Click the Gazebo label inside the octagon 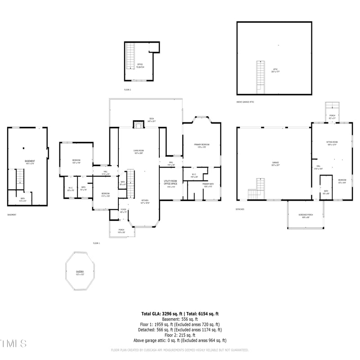pyautogui.click(x=80, y=272)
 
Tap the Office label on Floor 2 pyautogui.click(x=140, y=66)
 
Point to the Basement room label pyautogui.click(x=30, y=162)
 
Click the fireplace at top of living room pyautogui.click(x=138, y=125)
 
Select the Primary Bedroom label pyautogui.click(x=202, y=145)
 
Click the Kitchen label pyautogui.click(x=145, y=202)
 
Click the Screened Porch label pyautogui.click(x=306, y=216)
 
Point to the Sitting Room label pyautogui.click(x=332, y=143)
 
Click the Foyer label pyautogui.click(x=123, y=211)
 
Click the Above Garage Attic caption pyautogui.click(x=245, y=102)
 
